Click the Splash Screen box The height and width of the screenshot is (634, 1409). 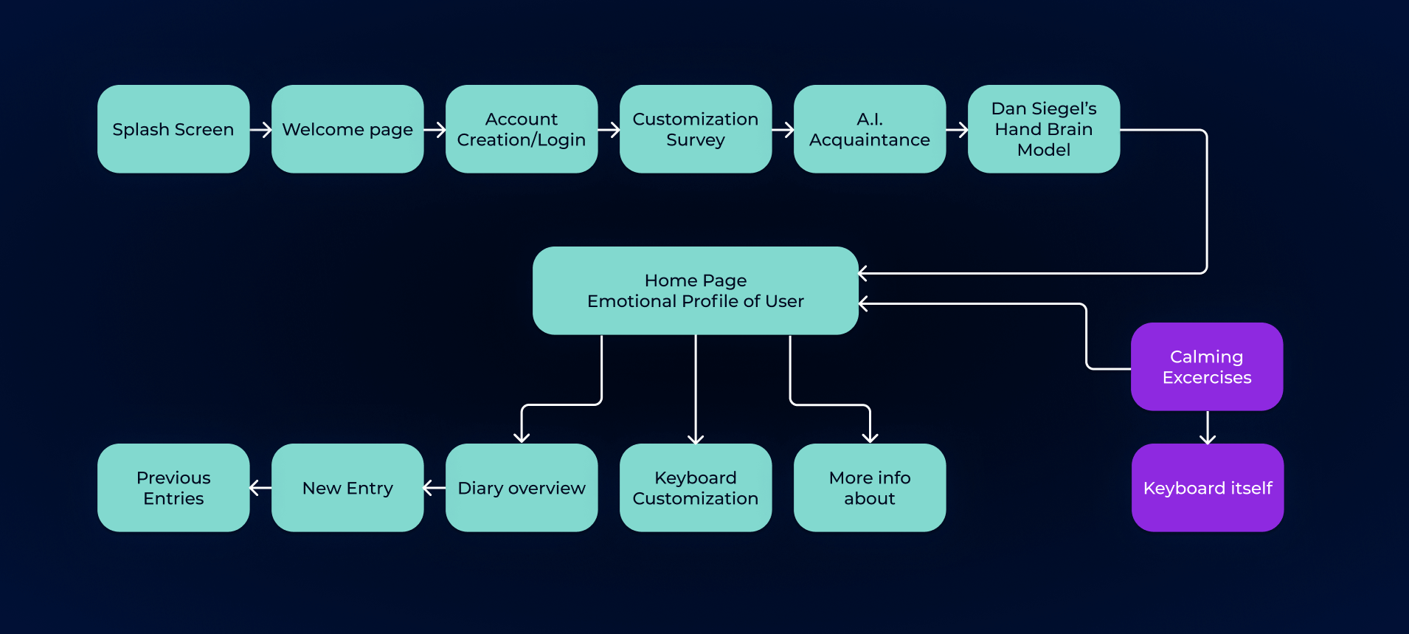pyautogui.click(x=173, y=129)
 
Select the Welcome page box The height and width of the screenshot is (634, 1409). pyautogui.click(x=347, y=129)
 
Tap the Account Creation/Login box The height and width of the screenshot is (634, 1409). pyautogui.click(x=522, y=129)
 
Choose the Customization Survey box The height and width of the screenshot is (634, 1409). pyautogui.click(x=696, y=129)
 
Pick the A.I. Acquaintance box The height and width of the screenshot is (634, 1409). pyautogui.click(x=870, y=129)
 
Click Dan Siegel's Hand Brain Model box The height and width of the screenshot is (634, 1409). pyautogui.click(x=1044, y=129)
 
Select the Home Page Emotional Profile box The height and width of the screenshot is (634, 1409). pyautogui.click(x=696, y=291)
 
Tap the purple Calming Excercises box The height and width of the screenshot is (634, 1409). pyautogui.click(x=1207, y=367)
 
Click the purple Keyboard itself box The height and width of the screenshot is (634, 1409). pyautogui.click(x=1208, y=488)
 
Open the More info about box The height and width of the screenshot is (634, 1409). pyautogui.click(x=870, y=488)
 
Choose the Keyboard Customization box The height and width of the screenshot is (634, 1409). pyautogui.click(x=696, y=488)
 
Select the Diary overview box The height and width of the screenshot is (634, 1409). pyautogui.click(x=522, y=488)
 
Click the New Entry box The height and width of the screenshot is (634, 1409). pyautogui.click(x=347, y=488)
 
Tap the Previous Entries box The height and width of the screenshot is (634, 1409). pyautogui.click(x=173, y=488)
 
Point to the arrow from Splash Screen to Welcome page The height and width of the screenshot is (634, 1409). pyautogui.click(x=261, y=130)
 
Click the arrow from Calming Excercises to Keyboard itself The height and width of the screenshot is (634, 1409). pyautogui.click(x=1208, y=427)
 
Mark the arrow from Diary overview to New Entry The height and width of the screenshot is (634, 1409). pyautogui.click(x=435, y=488)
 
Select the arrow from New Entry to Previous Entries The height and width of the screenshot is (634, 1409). pyautogui.click(x=260, y=488)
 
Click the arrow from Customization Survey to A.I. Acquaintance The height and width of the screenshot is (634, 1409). pyautogui.click(x=783, y=130)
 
